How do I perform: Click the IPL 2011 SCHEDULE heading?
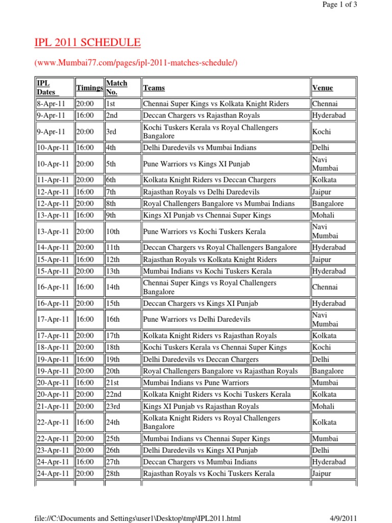87,43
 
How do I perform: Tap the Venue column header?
323,88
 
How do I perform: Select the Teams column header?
154,88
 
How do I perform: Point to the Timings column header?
89,88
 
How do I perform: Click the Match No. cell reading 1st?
111,104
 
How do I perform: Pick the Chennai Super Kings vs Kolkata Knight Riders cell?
216,104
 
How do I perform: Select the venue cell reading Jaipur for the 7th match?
322,192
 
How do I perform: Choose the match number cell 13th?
113,271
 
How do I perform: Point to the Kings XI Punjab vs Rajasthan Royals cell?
201,407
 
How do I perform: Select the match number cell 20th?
113,371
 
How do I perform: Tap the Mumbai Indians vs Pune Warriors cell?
196,383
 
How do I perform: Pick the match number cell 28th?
113,473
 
